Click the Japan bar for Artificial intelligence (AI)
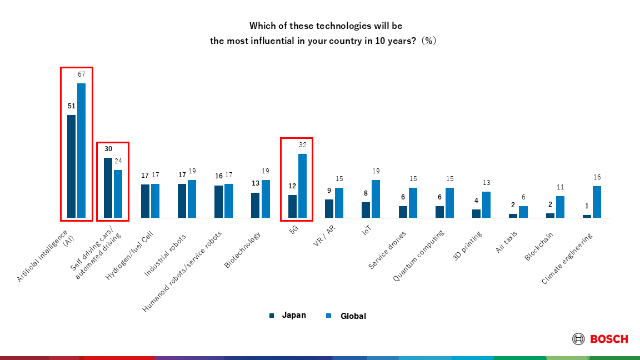coord(71,166)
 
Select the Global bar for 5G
coord(302,186)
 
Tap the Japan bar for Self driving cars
coord(108,187)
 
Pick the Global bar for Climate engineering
coord(597,202)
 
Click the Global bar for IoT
coord(376,198)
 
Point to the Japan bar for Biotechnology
coord(256,205)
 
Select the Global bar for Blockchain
coord(560,207)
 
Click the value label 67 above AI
coord(81,75)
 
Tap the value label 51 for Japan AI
coord(71,106)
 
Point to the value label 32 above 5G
coord(303,145)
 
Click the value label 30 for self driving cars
coord(108,149)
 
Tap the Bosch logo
coord(601,339)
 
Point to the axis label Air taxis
coord(507,242)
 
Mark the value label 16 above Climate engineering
coord(597,177)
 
